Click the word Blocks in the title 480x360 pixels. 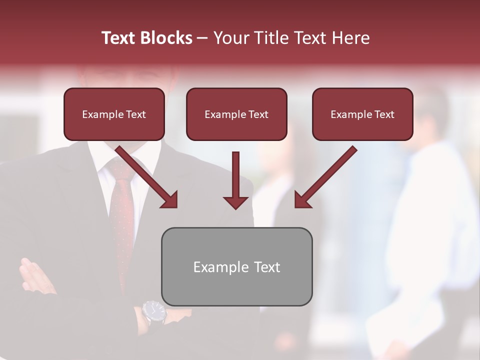(168, 38)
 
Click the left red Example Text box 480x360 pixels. (114, 114)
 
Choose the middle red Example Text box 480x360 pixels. (236, 114)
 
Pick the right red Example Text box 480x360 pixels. (362, 114)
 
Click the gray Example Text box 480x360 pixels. (236, 267)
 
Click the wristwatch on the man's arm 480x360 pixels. (153, 312)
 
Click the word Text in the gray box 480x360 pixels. (267, 267)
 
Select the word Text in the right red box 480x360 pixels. (384, 114)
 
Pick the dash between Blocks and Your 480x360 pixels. (202, 38)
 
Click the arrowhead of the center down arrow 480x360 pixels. (235, 202)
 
